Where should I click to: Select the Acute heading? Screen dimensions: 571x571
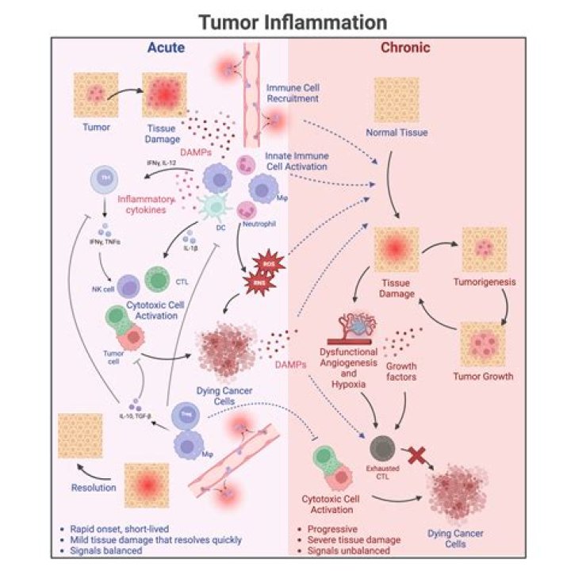[x=166, y=48]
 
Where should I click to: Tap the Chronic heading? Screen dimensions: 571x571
[x=405, y=48]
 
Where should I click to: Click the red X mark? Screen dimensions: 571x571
[x=415, y=454]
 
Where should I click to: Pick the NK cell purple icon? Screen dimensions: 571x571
[x=128, y=285]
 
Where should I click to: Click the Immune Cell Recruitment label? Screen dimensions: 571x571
[x=293, y=93]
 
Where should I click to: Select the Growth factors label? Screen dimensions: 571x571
[x=401, y=373]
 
